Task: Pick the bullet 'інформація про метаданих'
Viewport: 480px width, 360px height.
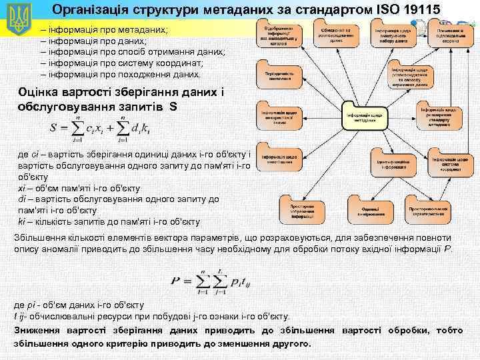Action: point(106,31)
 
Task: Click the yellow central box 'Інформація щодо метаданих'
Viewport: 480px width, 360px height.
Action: point(363,117)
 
